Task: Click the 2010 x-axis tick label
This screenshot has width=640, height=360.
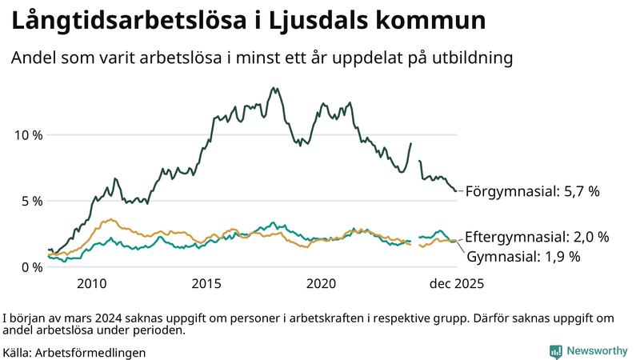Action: click(x=91, y=284)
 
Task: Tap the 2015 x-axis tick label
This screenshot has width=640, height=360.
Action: click(x=206, y=284)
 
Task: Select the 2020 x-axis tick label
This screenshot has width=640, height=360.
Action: click(x=322, y=284)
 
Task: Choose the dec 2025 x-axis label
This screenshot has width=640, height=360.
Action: click(x=456, y=284)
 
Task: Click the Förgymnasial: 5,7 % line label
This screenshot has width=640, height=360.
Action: click(x=532, y=192)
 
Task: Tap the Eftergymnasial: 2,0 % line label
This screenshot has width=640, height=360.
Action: click(x=537, y=237)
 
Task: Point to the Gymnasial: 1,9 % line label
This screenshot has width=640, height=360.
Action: click(x=523, y=257)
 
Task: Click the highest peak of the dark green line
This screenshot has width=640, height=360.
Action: click(x=274, y=88)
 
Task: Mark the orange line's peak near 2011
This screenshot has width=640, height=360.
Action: click(x=112, y=220)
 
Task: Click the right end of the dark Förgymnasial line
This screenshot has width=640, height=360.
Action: click(x=456, y=191)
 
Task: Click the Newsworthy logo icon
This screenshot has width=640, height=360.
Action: click(x=555, y=350)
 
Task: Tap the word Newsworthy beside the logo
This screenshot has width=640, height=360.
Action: click(x=597, y=350)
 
